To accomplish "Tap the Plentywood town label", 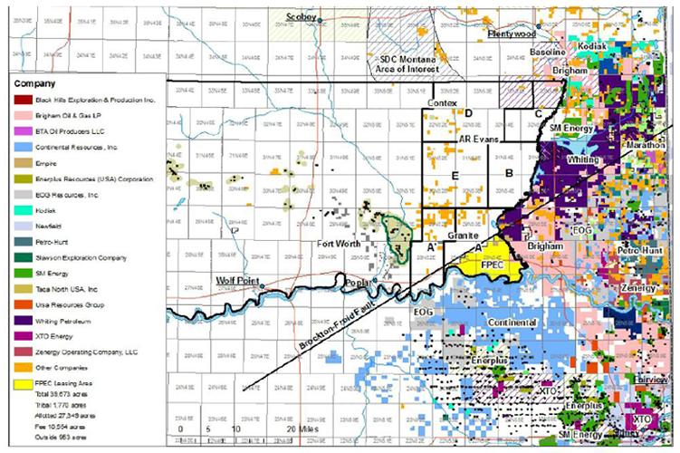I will (512, 34).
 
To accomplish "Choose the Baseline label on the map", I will (548, 53).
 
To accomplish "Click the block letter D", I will (468, 113).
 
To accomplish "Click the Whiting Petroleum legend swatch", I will (18, 318).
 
